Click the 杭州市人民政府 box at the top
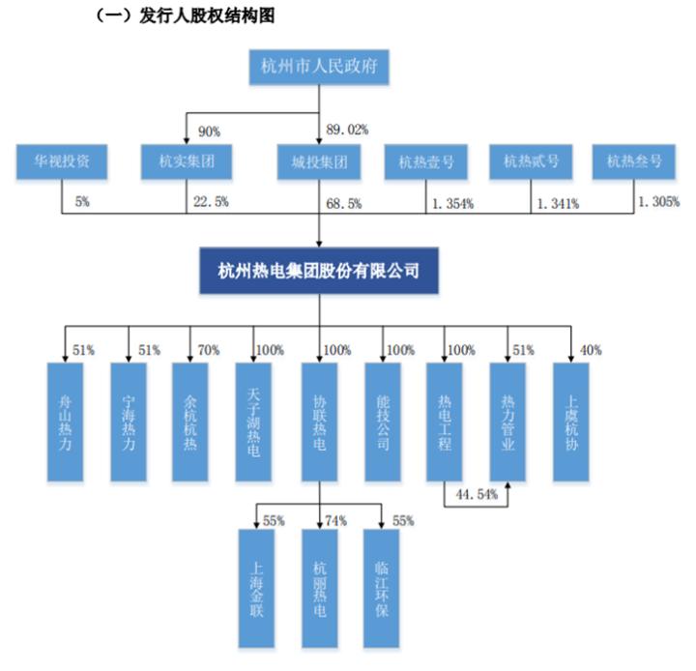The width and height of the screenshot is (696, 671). point(318,68)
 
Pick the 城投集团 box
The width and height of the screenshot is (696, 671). point(318,162)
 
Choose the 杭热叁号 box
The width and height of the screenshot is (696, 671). point(634,162)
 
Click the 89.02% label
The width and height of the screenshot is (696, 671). point(348,128)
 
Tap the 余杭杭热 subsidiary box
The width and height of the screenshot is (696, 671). point(190,422)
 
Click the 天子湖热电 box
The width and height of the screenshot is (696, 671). point(254,422)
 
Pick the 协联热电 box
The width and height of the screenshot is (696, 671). point(318,422)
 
